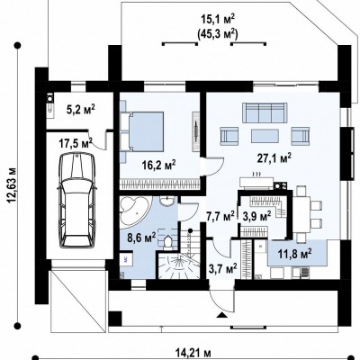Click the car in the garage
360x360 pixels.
pyautogui.click(x=77, y=200)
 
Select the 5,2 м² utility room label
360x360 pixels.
pyautogui.click(x=80, y=111)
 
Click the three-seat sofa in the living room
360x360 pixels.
pyautogui.click(x=264, y=112)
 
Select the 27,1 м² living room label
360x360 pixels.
pyautogui.click(x=274, y=158)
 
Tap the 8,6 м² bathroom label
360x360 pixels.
pyautogui.click(x=141, y=238)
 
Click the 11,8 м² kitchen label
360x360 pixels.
pyautogui.click(x=293, y=255)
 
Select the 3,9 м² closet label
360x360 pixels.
pyautogui.click(x=256, y=216)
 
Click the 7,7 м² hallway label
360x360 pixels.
pyautogui.click(x=220, y=216)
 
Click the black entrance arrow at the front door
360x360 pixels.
pyautogui.click(x=221, y=314)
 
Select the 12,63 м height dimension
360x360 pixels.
pyautogui.click(x=12, y=185)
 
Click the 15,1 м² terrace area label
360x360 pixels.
pyautogui.click(x=218, y=20)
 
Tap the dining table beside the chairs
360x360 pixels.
pyautogui.click(x=301, y=214)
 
